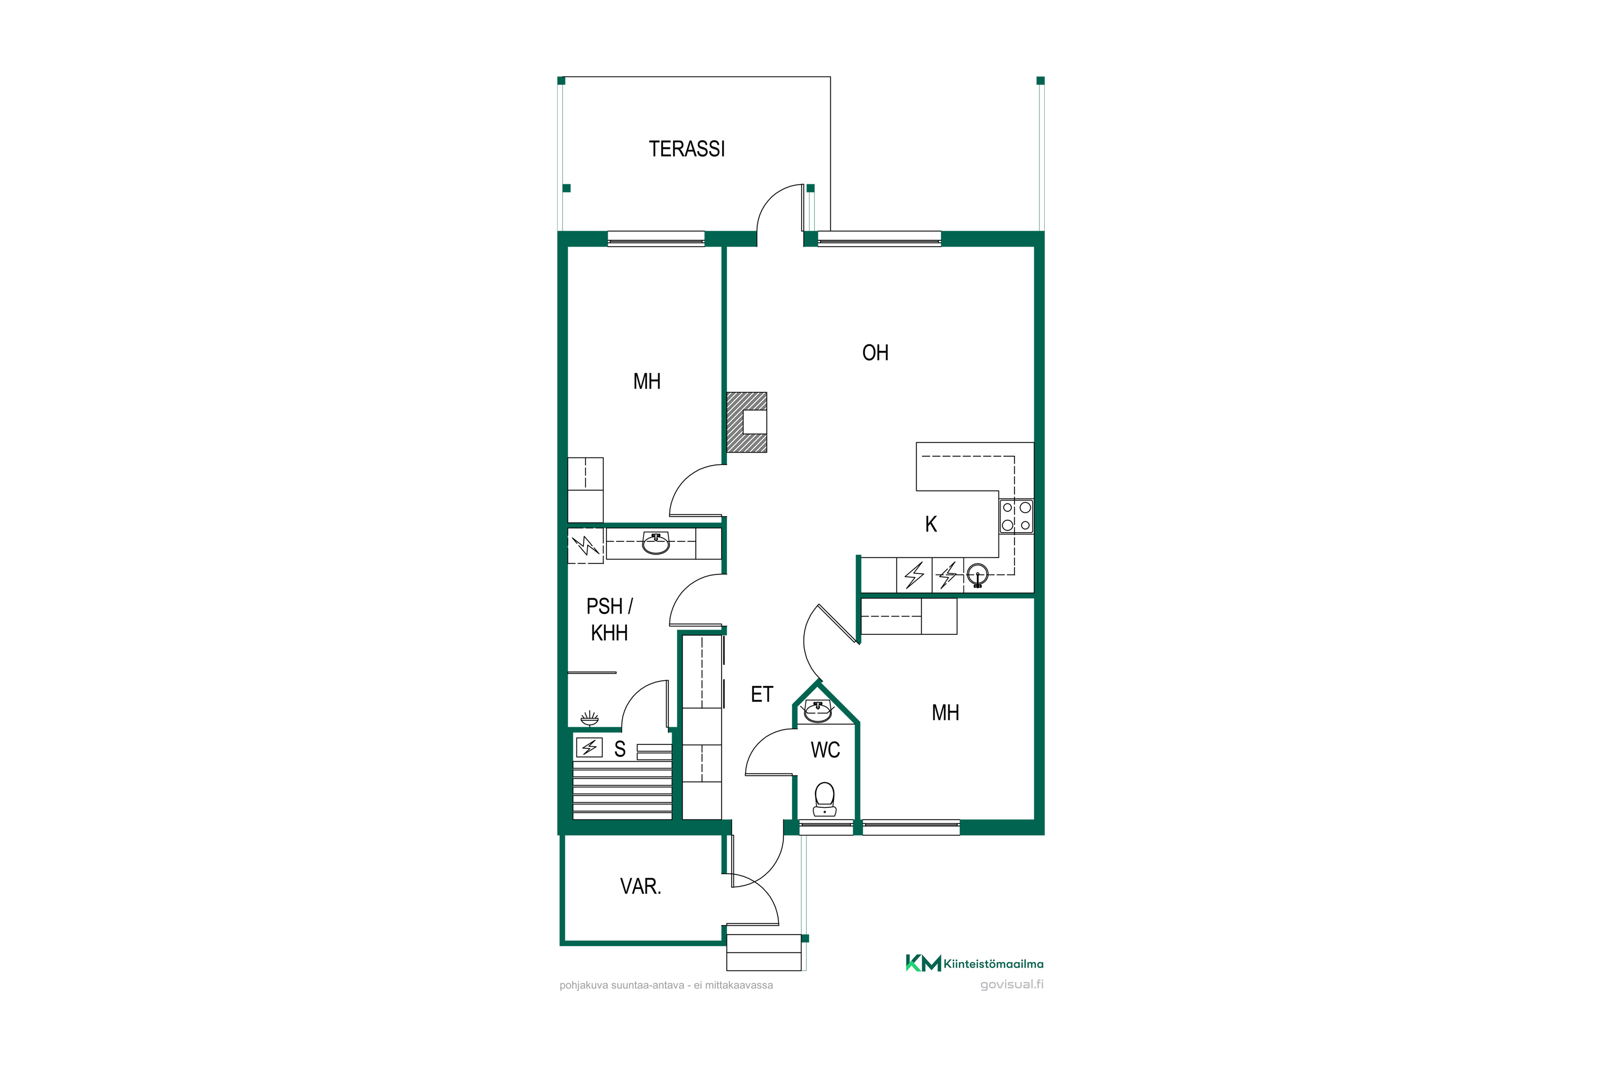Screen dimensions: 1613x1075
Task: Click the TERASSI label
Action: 687,149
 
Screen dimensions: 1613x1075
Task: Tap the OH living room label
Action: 875,353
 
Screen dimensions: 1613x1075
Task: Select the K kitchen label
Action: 931,524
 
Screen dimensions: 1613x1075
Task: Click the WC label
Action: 825,749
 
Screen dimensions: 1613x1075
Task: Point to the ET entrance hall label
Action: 762,694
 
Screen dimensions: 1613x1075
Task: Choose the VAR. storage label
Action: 640,886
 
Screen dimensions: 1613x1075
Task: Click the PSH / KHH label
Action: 610,619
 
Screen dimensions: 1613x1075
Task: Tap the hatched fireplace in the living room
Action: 747,422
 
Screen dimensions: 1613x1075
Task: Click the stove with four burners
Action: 1016,516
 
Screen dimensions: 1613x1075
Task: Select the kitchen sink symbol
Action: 977,575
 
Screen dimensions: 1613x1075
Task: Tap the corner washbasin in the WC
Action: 817,712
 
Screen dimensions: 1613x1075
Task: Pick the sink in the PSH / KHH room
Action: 656,543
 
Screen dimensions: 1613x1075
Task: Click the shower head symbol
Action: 590,719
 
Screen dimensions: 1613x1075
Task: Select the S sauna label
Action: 620,749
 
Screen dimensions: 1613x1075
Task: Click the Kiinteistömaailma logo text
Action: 994,964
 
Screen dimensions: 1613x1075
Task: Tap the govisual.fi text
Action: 1012,985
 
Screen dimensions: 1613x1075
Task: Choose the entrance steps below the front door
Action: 764,952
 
